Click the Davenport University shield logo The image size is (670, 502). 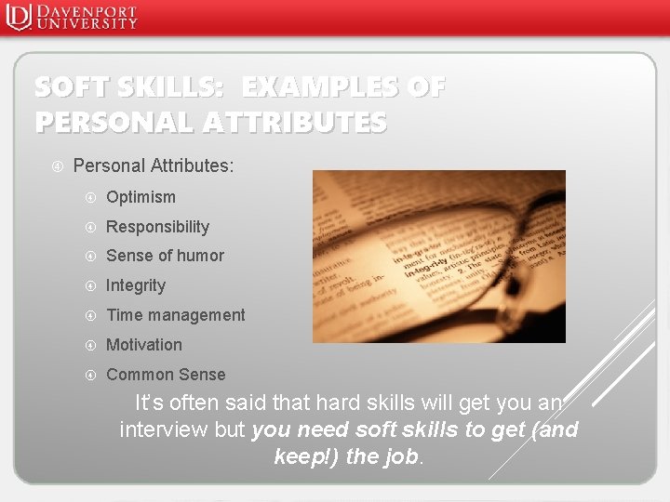[x=18, y=17]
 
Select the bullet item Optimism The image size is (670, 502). [x=141, y=197]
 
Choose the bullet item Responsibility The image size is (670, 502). [x=157, y=227]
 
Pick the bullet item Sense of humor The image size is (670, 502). [x=165, y=256]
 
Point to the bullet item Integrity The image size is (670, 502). [x=136, y=285]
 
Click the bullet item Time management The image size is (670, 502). [x=176, y=315]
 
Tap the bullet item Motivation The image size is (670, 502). [x=144, y=345]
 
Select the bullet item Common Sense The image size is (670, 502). [x=166, y=375]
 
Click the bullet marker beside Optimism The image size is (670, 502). [x=90, y=197]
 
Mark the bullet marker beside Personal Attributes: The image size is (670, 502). [x=57, y=166]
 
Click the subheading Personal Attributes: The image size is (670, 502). [x=154, y=166]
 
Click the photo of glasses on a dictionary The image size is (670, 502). [x=438, y=256]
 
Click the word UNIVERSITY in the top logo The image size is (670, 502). [x=87, y=23]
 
